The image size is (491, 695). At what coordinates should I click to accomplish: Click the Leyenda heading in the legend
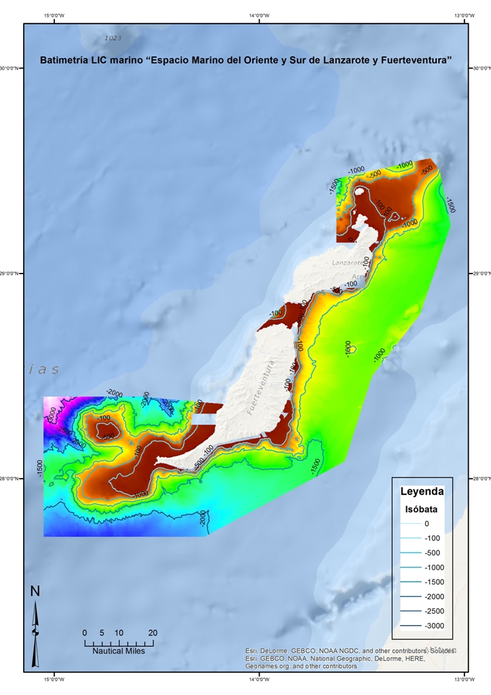[x=422, y=491]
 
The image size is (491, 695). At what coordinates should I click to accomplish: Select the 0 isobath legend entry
[x=427, y=523]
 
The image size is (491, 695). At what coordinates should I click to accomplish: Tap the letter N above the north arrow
[x=35, y=592]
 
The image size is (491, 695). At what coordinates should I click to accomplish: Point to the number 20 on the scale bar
[x=153, y=633]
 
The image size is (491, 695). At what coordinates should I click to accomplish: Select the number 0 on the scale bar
[x=85, y=633]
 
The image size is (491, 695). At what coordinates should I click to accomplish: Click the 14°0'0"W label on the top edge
[x=258, y=16]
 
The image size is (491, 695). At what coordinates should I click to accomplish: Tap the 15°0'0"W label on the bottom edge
[x=54, y=679]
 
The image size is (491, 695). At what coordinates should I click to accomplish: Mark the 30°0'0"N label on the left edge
[x=12, y=68]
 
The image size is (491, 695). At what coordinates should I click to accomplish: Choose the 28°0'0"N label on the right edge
[x=479, y=478]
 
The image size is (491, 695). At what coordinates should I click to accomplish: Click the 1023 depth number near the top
[x=113, y=39]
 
